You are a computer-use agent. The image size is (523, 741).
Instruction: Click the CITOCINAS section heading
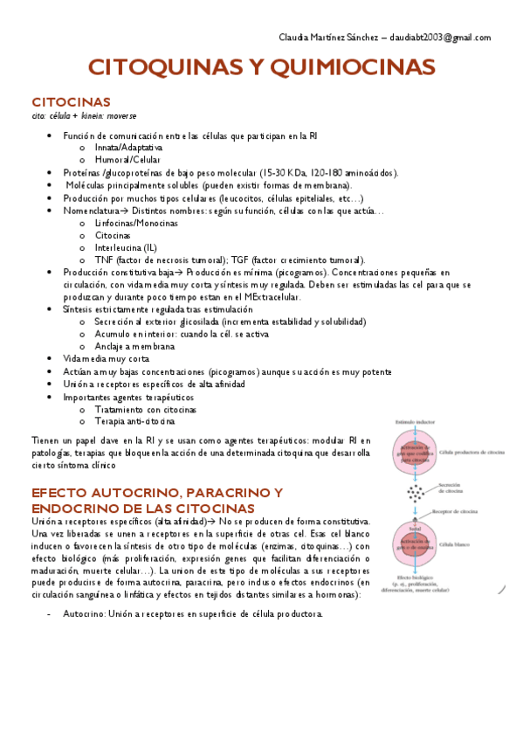71,101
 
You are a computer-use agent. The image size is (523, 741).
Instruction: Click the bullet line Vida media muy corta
106,359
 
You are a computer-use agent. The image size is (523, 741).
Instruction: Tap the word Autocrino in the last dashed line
84,613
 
